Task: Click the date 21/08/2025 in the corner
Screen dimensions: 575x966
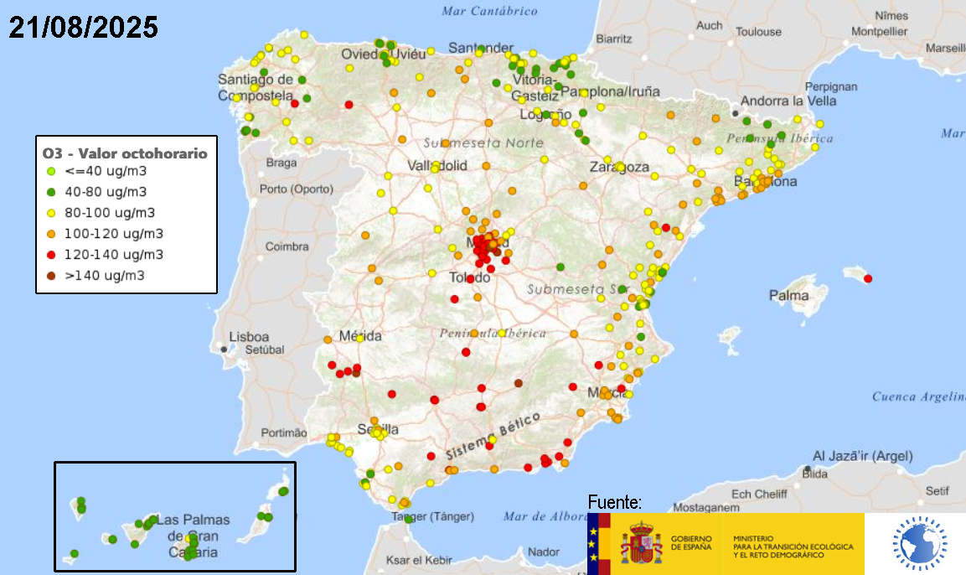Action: point(84,28)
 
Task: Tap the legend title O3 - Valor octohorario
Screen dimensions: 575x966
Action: point(125,154)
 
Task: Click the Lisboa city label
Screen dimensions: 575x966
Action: point(249,336)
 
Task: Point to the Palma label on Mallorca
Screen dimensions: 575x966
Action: point(789,295)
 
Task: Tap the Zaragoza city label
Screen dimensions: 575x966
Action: point(619,167)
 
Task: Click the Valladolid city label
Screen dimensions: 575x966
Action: point(437,166)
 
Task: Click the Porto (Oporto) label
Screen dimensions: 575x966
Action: point(295,189)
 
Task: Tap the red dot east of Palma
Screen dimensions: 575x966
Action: point(868,278)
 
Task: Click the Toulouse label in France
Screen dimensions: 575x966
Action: point(758,32)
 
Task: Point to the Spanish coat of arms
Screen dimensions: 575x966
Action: point(641,542)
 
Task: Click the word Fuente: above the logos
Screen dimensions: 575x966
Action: point(615,503)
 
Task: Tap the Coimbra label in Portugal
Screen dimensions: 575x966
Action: point(287,246)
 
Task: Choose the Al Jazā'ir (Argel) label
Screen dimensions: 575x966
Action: point(863,456)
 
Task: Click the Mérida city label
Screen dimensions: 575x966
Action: point(360,336)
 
